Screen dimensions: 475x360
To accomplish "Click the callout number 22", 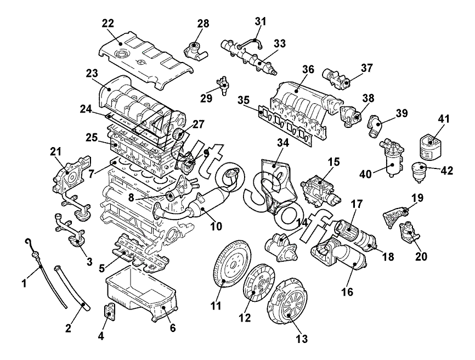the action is pos(108,24).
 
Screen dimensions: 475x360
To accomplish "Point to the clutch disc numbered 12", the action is pos(259,283).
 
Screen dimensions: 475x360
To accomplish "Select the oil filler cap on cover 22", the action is pos(122,54).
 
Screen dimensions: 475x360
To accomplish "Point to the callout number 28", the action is pos(203,24).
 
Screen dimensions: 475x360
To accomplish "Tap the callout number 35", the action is pos(243,100).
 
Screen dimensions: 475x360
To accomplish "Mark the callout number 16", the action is pos(347,292).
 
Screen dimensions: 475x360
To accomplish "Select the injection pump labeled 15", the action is pos(320,192).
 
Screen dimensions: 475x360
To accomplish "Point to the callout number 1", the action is pos(25,283).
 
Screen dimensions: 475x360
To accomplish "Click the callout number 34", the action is pos(282,143).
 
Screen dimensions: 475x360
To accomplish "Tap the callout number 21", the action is pos(56,150).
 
